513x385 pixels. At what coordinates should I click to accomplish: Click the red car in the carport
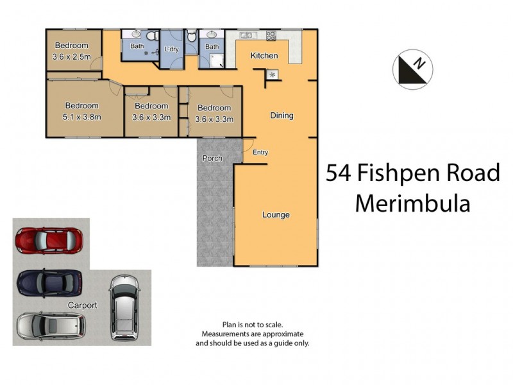click(x=49, y=241)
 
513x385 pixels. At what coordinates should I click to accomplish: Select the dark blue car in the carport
click(x=49, y=281)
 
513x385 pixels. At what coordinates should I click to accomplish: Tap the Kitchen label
click(x=264, y=56)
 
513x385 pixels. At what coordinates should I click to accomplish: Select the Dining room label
click(x=282, y=116)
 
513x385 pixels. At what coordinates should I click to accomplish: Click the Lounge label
click(x=276, y=214)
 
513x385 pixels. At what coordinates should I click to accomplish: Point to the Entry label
click(x=260, y=152)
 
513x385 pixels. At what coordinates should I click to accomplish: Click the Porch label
click(x=212, y=158)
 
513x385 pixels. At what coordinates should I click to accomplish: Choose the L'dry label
click(x=171, y=49)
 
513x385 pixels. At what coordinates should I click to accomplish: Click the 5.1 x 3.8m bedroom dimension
click(x=81, y=117)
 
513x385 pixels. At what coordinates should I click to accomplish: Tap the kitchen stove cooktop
click(x=271, y=35)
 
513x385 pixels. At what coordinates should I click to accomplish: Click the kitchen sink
click(x=246, y=35)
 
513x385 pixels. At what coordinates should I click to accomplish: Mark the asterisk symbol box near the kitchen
click(x=272, y=75)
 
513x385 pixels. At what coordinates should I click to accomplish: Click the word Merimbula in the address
click(x=413, y=203)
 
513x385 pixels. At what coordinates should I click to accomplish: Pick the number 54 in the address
click(x=339, y=173)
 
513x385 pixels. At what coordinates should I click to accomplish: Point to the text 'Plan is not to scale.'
click(x=252, y=325)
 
